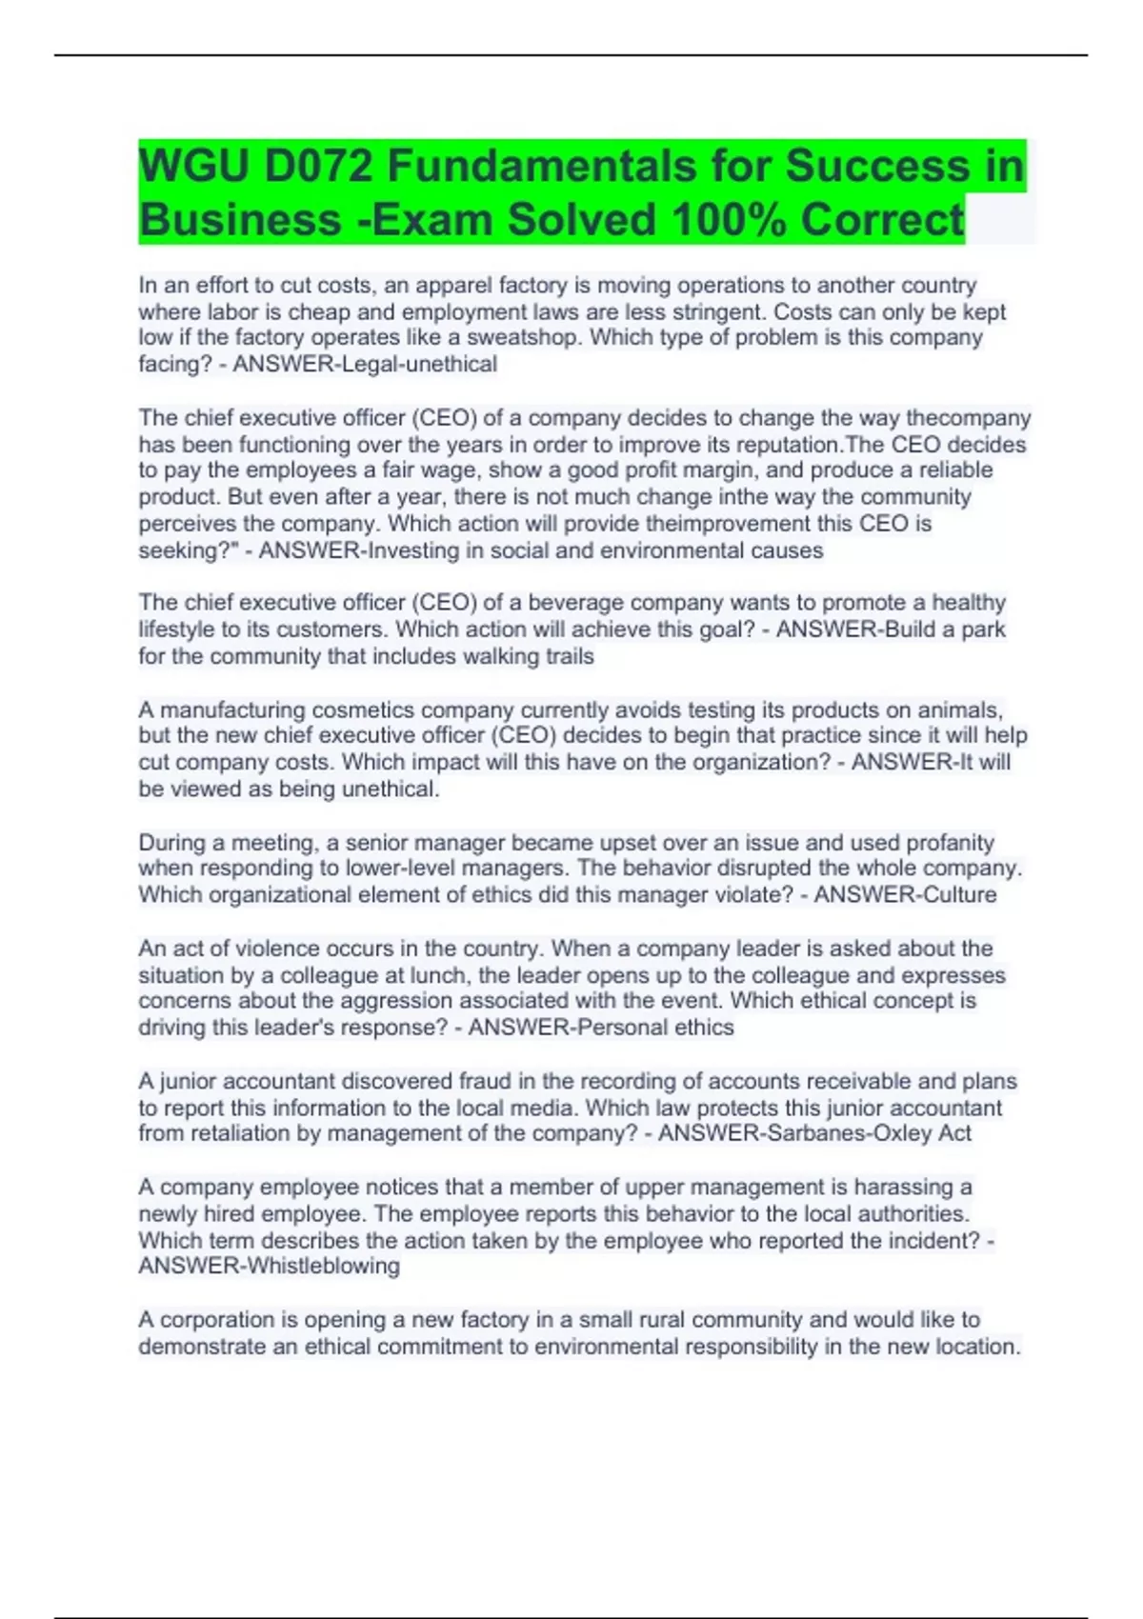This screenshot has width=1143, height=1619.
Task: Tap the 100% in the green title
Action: pyautogui.click(x=729, y=220)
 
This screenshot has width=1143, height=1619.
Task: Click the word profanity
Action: pyautogui.click(x=947, y=842)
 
